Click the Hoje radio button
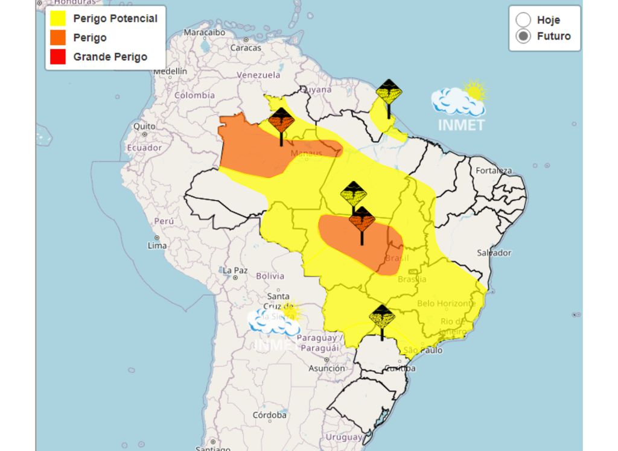523,20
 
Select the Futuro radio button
523,36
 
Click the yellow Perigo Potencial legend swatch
58,19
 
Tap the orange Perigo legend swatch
58,38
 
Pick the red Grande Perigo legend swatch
58,57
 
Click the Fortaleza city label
493,171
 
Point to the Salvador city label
494,253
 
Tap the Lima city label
157,245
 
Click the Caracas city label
246,47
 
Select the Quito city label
145,126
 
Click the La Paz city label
235,270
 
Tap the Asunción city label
327,368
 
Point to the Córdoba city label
269,415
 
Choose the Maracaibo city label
204,32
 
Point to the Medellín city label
170,71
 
